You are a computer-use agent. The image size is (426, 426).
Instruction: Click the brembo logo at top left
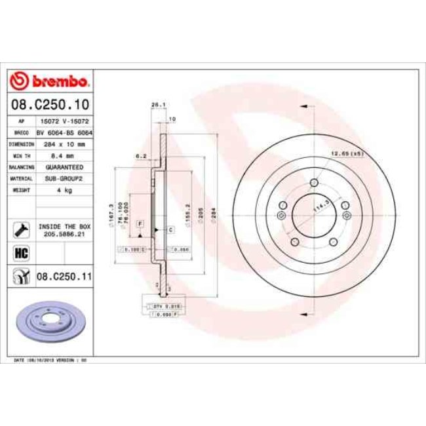tap(50, 81)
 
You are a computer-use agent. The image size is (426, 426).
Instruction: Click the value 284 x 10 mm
tap(64, 144)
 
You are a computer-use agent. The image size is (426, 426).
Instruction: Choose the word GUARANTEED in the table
tap(64, 167)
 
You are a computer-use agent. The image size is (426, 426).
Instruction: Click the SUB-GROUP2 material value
tap(64, 178)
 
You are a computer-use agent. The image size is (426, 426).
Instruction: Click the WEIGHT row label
tap(22, 190)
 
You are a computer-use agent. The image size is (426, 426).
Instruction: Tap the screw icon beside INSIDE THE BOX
tap(22, 229)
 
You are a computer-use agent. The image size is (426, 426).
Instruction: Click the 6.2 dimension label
tap(140, 156)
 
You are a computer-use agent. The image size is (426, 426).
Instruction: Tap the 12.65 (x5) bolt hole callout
tap(347, 153)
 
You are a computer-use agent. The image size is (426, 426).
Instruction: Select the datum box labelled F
tap(140, 224)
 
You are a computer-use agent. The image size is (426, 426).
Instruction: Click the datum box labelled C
tap(170, 229)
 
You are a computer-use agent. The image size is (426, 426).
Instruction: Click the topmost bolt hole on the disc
tap(315, 183)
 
